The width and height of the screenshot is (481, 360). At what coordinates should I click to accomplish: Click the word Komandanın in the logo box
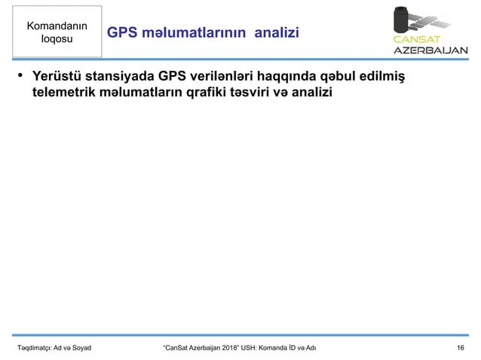click(57, 26)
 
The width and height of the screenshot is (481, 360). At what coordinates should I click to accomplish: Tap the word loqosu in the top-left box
click(57, 39)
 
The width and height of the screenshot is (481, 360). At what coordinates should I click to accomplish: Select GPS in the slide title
click(121, 33)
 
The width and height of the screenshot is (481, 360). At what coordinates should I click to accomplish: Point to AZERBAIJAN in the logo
click(427, 51)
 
